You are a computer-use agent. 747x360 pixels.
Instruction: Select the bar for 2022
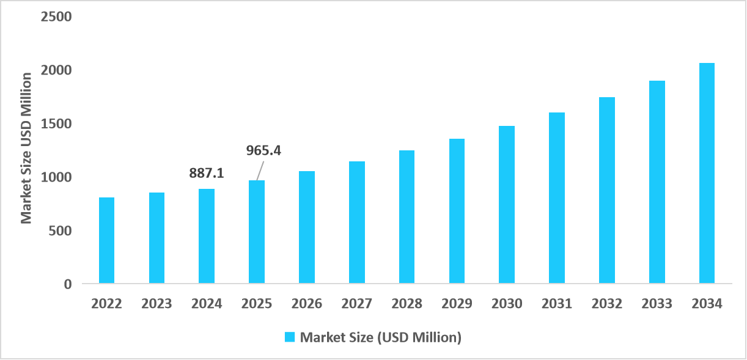[x=106, y=240]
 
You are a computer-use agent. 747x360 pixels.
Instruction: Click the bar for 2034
[x=707, y=173]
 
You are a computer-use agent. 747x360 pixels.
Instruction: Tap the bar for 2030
[x=507, y=204]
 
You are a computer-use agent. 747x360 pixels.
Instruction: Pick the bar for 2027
[x=356, y=222]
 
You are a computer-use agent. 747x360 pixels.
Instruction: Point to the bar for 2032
[x=606, y=189]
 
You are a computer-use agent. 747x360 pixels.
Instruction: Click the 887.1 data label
[x=207, y=174]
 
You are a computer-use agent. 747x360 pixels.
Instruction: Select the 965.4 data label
[x=263, y=150]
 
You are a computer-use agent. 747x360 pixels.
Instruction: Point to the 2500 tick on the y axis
[x=56, y=17]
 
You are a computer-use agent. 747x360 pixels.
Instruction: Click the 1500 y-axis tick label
[x=56, y=123]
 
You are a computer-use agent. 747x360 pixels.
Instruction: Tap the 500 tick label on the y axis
[x=60, y=231]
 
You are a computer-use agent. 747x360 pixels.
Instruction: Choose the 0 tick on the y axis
[x=67, y=284]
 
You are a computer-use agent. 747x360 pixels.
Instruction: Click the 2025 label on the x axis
[x=257, y=304]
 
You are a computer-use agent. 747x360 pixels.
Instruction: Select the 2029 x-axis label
[x=457, y=304]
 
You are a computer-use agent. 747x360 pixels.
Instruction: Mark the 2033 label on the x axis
[x=657, y=304]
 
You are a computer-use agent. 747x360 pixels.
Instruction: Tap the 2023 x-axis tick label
[x=156, y=304]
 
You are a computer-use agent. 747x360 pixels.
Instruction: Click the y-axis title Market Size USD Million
[x=26, y=148]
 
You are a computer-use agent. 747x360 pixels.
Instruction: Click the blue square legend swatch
[x=290, y=337]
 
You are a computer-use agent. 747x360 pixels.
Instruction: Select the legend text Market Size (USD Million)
[x=380, y=337]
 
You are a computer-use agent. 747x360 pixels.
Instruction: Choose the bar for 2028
[x=407, y=216]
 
